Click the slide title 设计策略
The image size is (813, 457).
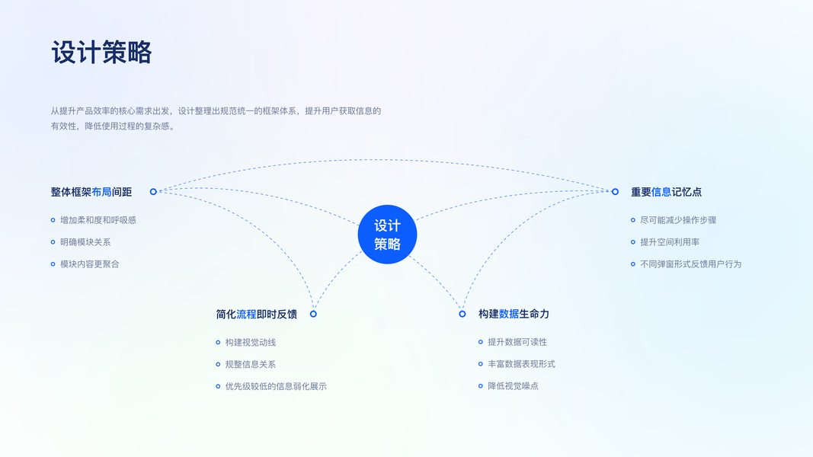pos(101,53)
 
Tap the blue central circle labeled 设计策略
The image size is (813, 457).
pos(387,234)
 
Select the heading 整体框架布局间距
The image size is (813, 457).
pos(91,192)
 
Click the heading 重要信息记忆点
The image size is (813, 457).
pos(666,192)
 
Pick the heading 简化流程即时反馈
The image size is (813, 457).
pos(257,314)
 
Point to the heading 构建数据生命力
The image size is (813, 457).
pos(514,314)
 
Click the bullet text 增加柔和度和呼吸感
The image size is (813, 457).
pos(98,220)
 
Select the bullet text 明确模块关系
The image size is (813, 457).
pos(85,242)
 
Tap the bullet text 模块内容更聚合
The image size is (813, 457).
pos(90,264)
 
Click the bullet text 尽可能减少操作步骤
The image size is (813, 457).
pos(678,220)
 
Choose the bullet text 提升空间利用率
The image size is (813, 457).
pos(670,242)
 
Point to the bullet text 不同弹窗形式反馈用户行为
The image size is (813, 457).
pos(690,264)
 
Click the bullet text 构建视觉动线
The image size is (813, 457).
pos(251,343)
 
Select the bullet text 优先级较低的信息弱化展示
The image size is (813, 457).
pos(276,386)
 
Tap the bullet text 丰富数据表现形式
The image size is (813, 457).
pos(522,364)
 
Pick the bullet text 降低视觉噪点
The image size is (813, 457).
pos(514,386)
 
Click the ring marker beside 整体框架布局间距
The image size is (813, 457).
pos(153,192)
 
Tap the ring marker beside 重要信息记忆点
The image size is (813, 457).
pos(615,192)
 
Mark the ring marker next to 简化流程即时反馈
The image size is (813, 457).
pos(313,314)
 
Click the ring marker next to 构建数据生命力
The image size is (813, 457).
pos(462,314)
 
